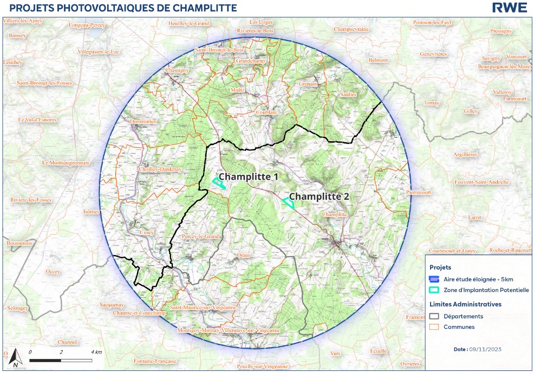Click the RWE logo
pos(509,8)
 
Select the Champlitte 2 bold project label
pos(318,197)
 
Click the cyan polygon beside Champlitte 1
pos(219,183)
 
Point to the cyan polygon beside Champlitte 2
pos(289,203)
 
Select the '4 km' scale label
pos(96,352)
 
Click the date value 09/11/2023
pos(485,349)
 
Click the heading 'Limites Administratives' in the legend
pos(465,304)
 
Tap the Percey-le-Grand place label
pos(200,237)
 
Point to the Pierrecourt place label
pos(421,192)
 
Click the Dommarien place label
pos(143,122)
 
